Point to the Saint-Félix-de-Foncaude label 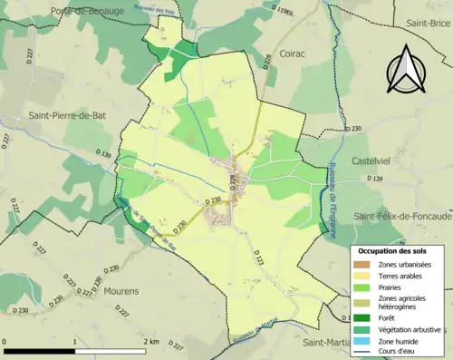tap(402, 217)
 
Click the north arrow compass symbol tap(404, 70)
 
